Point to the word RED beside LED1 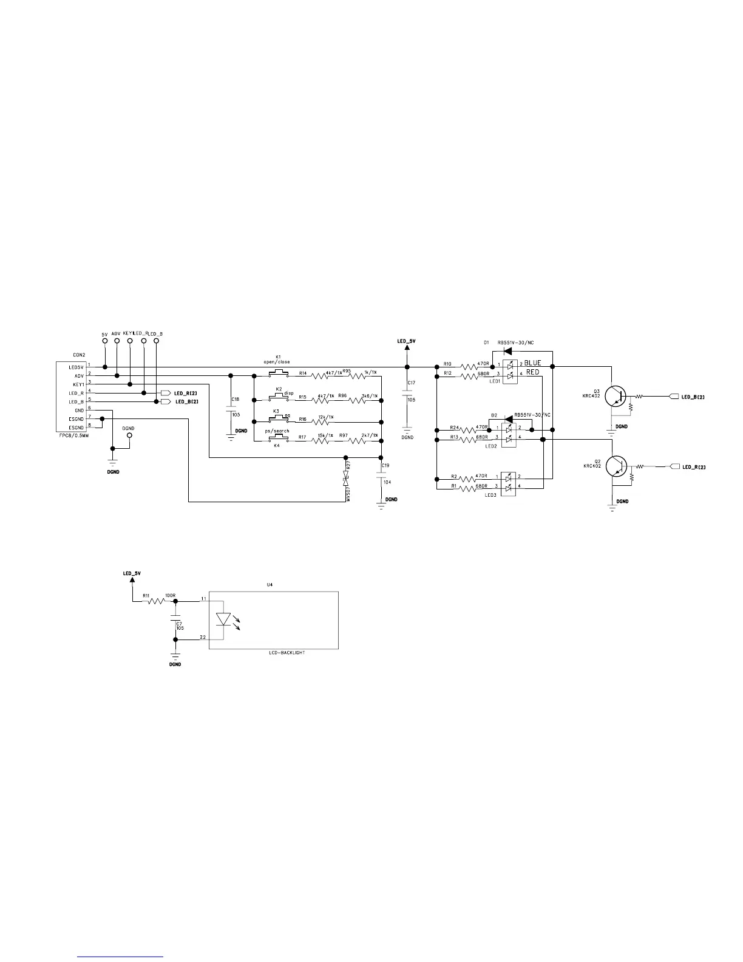532,372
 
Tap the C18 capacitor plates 230,410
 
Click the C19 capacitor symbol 381,477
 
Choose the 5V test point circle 104,341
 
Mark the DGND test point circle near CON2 128,435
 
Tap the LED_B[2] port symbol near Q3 673,397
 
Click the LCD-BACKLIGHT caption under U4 287,652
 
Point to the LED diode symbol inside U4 223,619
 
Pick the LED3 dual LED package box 508,482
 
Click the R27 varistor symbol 346,476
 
